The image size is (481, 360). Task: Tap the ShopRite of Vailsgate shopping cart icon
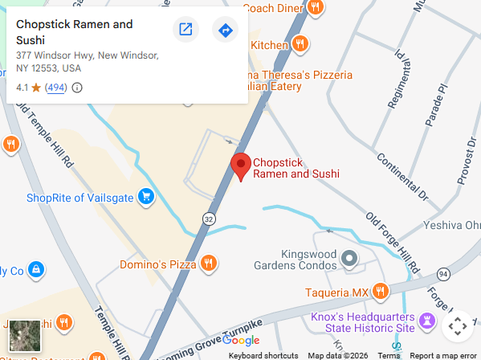(x=145, y=196)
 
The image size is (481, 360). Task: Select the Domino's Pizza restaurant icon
(x=208, y=263)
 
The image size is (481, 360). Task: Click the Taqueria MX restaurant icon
(x=381, y=291)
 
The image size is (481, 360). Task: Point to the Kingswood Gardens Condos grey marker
(x=349, y=258)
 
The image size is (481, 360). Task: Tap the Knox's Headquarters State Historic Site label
(x=362, y=323)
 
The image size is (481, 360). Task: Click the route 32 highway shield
(x=209, y=218)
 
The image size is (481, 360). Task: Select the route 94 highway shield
(x=443, y=275)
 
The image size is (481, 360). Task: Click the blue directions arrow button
(x=226, y=31)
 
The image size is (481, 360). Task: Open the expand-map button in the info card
(x=185, y=31)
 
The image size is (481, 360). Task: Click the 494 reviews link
(x=56, y=88)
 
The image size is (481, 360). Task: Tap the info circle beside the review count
(x=77, y=88)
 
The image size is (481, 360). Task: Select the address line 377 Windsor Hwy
(x=87, y=56)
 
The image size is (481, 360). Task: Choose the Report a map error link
(x=443, y=355)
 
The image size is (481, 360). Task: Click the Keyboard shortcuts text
(x=263, y=355)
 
